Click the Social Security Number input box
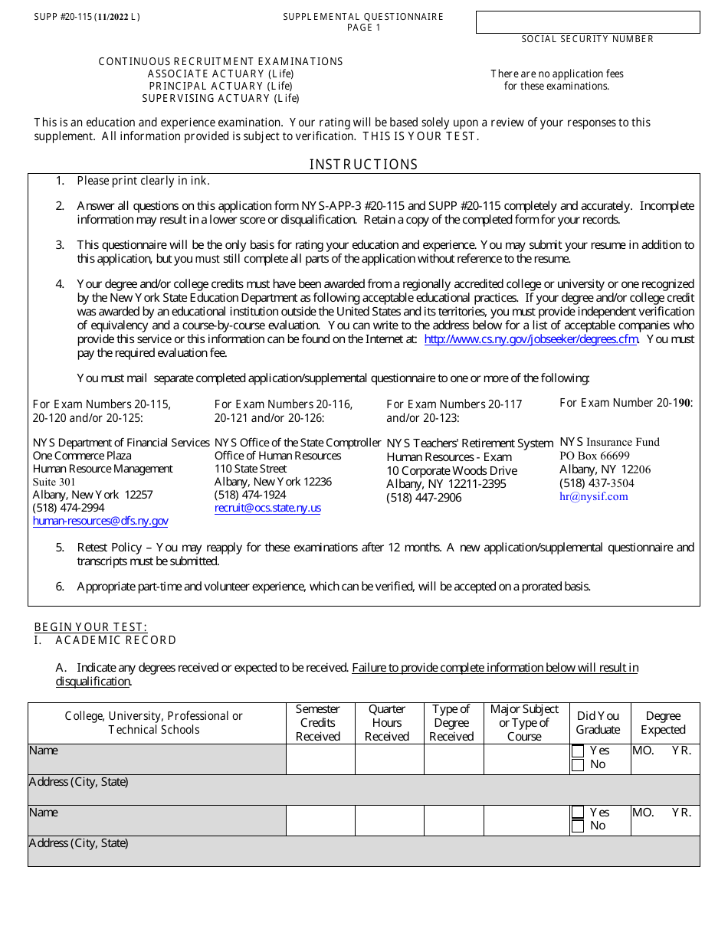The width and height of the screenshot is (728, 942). [x=588, y=22]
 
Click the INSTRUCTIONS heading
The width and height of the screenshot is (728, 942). [x=363, y=165]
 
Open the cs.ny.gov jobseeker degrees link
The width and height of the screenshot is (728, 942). [x=530, y=339]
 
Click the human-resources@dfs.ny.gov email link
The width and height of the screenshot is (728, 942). [x=100, y=521]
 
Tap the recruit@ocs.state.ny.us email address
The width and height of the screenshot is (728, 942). [x=267, y=508]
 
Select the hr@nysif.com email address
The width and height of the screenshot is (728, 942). [x=593, y=496]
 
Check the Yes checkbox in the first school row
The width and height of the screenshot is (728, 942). [x=578, y=751]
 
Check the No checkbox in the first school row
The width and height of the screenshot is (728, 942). [x=578, y=764]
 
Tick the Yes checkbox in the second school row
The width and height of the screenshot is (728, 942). [x=578, y=813]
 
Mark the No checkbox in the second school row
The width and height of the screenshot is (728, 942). [x=578, y=826]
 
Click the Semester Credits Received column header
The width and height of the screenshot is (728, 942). [x=318, y=723]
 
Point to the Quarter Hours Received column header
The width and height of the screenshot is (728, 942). [x=387, y=723]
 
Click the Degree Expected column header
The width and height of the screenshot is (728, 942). [x=663, y=723]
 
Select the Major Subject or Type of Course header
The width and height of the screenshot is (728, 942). [x=524, y=723]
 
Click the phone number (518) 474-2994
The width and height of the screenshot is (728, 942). [x=68, y=508]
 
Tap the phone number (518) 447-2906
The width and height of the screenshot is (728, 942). [x=424, y=498]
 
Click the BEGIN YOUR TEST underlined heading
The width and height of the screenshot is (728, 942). [x=90, y=627]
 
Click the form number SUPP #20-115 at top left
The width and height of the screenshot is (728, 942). [x=62, y=17]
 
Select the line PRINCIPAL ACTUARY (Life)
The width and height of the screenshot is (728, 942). [x=221, y=86]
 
